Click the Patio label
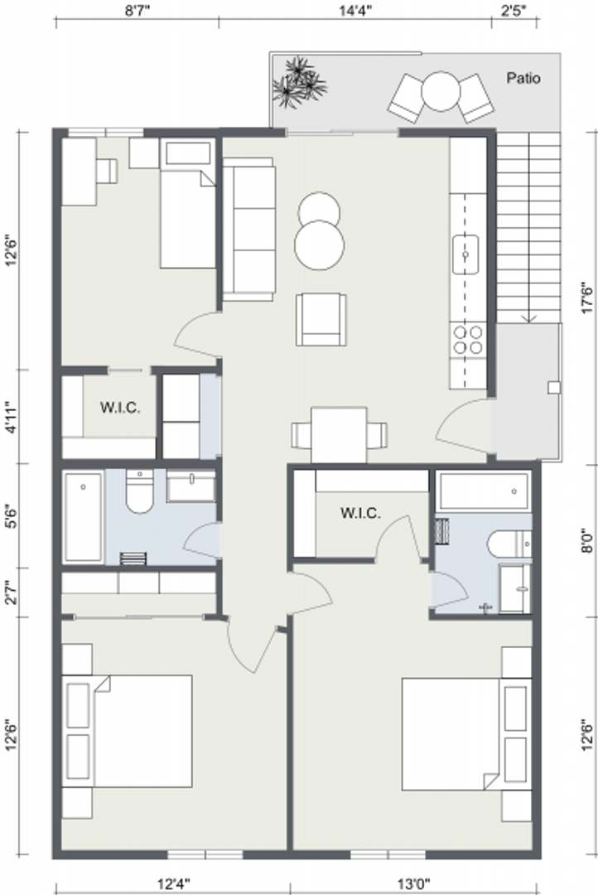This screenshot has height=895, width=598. point(523,78)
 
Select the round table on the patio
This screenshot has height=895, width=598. point(441,91)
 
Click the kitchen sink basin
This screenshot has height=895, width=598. point(465,254)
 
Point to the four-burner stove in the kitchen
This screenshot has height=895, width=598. point(468,340)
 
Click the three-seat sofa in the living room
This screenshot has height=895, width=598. point(249,229)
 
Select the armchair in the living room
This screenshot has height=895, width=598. point(321,319)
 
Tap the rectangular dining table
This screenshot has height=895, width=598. point(339,435)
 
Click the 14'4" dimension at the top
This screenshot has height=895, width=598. point(355,11)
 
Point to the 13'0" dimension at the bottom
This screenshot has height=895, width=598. point(413,884)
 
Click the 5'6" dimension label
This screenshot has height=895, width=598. point(12,516)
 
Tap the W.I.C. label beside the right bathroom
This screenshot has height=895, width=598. point(360,513)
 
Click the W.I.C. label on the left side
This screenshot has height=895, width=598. point(120,408)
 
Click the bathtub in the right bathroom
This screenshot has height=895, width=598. point(483,491)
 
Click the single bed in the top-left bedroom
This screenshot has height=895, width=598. point(188,204)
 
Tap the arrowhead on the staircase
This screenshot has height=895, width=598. point(529,317)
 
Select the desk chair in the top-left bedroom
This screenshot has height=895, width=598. point(106,171)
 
